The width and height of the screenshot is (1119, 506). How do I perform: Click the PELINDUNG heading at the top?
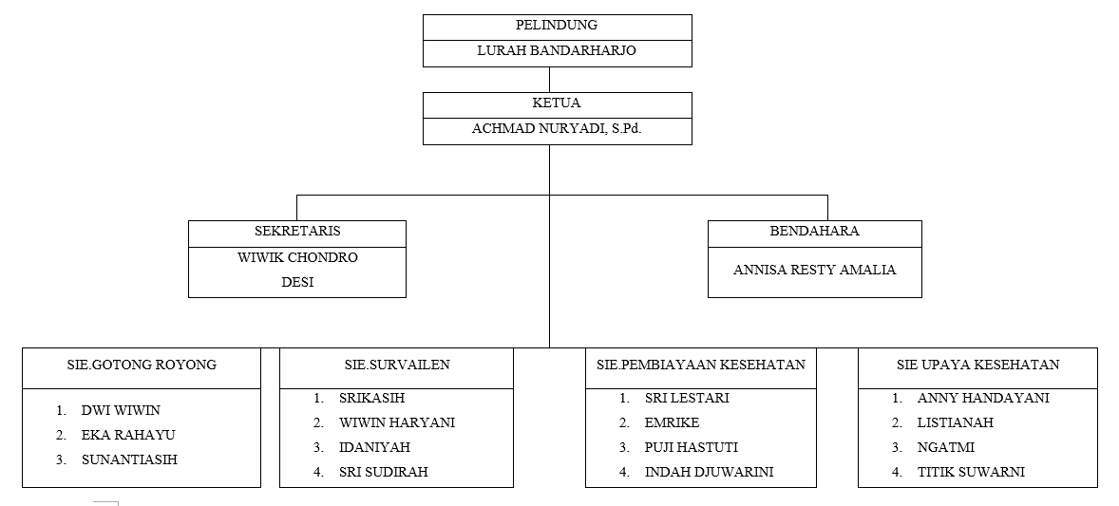[557, 25]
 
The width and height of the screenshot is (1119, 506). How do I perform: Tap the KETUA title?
[557, 103]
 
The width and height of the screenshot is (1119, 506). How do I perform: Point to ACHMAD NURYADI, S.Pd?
[557, 128]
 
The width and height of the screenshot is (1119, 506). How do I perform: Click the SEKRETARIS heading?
[297, 232]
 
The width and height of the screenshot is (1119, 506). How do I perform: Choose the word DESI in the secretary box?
[297, 283]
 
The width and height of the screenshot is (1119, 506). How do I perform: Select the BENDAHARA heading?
[814, 232]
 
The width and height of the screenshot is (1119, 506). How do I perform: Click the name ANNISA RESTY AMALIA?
[814, 270]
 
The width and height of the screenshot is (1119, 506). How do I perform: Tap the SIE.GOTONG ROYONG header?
[142, 365]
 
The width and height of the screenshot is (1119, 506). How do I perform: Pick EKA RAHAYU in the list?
[127, 436]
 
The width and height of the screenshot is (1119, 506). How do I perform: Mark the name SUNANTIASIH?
[129, 459]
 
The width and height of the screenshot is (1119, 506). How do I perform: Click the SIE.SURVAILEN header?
[397, 365]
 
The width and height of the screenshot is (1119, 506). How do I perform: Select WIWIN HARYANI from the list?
[397, 422]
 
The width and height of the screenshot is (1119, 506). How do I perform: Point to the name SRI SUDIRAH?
[383, 472]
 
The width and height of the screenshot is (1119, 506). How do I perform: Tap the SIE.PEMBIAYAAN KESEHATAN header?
[701, 365]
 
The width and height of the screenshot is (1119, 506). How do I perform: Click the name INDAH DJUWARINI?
[709, 472]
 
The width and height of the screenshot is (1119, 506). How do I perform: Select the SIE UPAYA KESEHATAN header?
[977, 365]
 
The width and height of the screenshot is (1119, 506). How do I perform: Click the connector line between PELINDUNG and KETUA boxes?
[549, 80]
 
